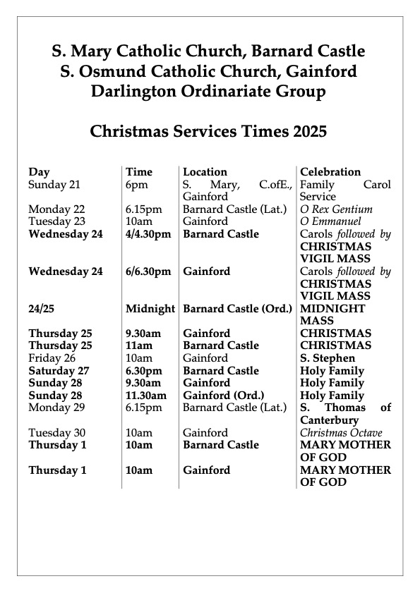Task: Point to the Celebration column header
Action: [330, 172]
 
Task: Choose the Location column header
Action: [205, 172]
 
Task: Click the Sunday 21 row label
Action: [55, 185]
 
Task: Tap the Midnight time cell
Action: [150, 309]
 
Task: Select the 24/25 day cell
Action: [42, 309]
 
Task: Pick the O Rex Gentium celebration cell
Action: [336, 209]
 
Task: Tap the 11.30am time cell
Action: [147, 396]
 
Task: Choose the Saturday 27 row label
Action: [59, 371]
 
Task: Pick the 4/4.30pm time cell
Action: [148, 234]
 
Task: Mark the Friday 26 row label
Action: [52, 358]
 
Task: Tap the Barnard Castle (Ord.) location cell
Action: [236, 309]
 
